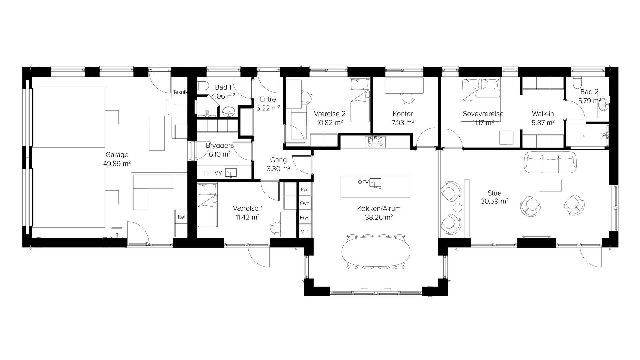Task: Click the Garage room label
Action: click(x=117, y=155)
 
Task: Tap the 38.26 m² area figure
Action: click(x=379, y=217)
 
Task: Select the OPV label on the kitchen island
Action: click(x=363, y=182)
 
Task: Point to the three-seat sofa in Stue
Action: click(x=550, y=162)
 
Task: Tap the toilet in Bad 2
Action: click(x=577, y=82)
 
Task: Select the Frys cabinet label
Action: click(x=305, y=218)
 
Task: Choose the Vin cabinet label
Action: click(x=304, y=231)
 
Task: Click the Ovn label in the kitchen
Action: click(x=305, y=203)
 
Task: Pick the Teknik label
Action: click(x=180, y=92)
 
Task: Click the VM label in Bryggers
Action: click(x=218, y=173)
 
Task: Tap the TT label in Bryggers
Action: click(x=206, y=173)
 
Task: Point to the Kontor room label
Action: click(x=403, y=114)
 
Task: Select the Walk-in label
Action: click(x=543, y=114)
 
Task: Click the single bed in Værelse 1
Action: click(x=207, y=205)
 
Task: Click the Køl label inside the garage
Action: click(x=181, y=217)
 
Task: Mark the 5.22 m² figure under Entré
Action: click(x=268, y=108)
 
